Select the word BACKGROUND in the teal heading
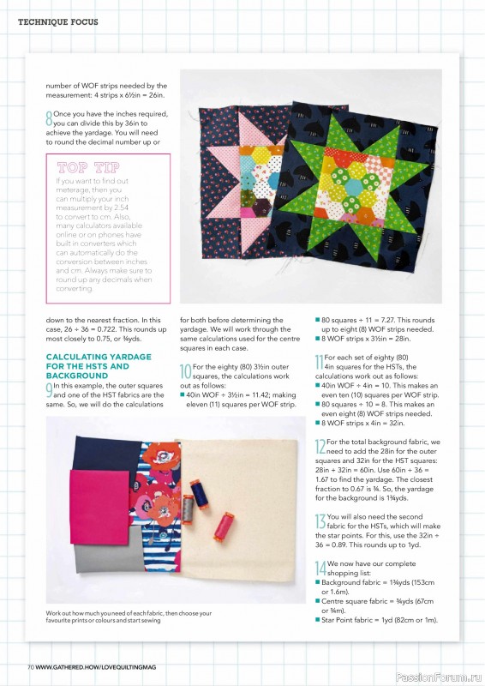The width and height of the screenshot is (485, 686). (x=77, y=376)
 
